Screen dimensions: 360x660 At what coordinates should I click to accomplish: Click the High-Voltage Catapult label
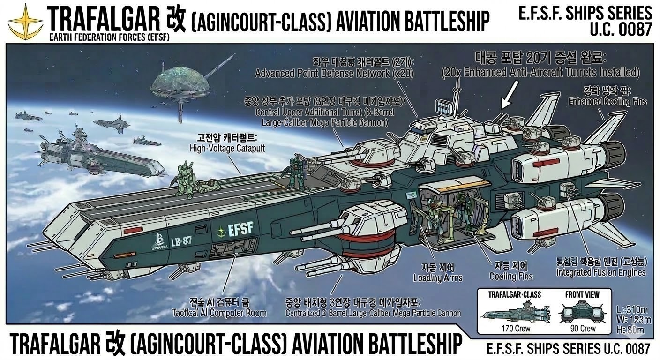(x=228, y=148)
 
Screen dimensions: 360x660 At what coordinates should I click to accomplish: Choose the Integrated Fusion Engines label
(x=600, y=272)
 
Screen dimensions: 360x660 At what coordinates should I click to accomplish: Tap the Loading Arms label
(x=438, y=278)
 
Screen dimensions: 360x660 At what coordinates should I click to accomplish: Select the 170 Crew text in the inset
(x=516, y=329)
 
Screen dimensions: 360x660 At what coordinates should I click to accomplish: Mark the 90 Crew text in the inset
(x=583, y=329)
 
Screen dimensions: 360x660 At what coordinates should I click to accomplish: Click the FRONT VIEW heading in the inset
(x=582, y=295)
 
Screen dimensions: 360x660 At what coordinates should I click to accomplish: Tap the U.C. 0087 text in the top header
(x=622, y=29)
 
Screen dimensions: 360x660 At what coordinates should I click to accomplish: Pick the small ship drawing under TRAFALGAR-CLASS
(x=515, y=311)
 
